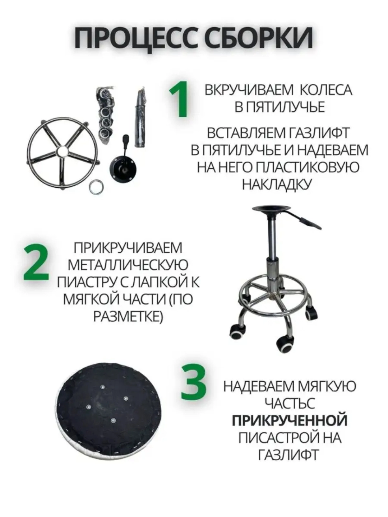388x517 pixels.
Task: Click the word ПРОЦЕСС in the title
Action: pos(137,38)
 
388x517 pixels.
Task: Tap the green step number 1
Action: pos(179,99)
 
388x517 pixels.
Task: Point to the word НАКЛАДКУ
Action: pos(276,184)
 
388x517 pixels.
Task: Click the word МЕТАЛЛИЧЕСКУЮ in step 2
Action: pos(128,265)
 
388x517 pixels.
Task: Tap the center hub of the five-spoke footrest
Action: pos(63,152)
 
